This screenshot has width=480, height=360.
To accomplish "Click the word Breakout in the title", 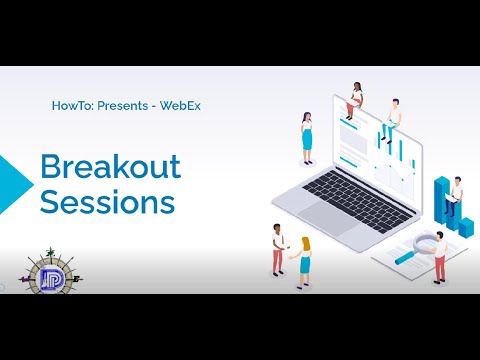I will coord(110,167).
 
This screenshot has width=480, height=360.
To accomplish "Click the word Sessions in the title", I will coord(108,202).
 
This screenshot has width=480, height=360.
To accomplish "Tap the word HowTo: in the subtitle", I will coord(72,105).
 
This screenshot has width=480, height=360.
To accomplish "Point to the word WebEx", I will coord(180,105).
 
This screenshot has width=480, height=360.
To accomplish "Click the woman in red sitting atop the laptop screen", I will coord(356,99).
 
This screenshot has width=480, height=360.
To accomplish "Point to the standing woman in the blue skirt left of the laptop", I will coord(307,139).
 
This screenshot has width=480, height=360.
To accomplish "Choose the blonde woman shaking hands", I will coord(303,261).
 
